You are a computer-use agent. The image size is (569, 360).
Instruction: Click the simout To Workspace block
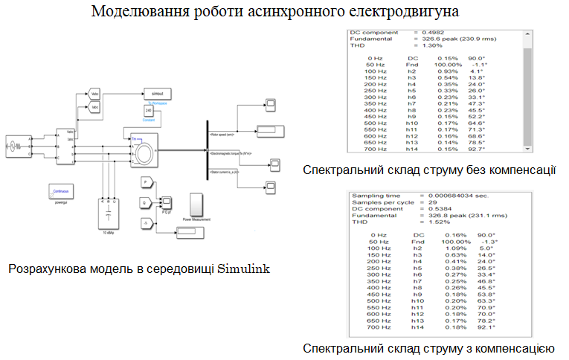(x=157, y=94)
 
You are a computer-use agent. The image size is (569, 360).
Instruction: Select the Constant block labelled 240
(x=148, y=112)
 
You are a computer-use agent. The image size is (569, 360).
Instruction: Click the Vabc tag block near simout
(x=94, y=94)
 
